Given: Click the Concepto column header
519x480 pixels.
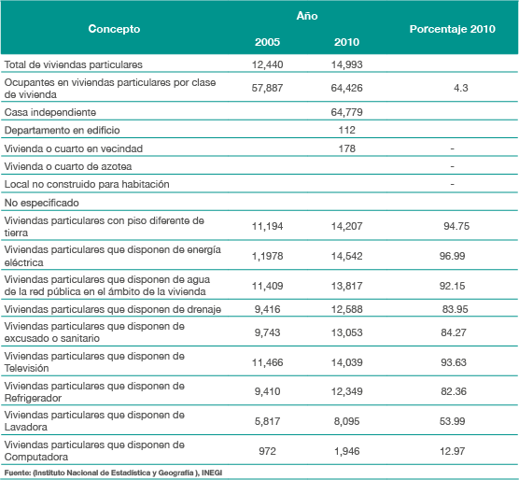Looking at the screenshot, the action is (x=114, y=29).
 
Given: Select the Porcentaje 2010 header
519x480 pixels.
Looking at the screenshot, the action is (x=452, y=29).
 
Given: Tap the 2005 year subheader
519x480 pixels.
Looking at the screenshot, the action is (x=267, y=42).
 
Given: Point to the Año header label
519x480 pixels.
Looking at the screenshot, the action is (x=307, y=16).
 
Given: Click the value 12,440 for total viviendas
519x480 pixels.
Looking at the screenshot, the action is (x=267, y=64).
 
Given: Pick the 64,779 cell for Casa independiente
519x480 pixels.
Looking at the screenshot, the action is (x=346, y=112).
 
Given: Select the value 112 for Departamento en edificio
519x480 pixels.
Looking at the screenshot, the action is (x=346, y=130).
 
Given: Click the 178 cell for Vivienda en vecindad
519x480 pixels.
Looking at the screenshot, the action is (x=346, y=148).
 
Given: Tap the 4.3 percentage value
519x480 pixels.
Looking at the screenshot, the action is (x=460, y=88).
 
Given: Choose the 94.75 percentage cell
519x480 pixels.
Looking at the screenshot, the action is (x=456, y=226).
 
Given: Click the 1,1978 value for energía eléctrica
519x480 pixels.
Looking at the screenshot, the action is (x=267, y=256).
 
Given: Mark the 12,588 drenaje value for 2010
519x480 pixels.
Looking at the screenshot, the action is (x=346, y=309).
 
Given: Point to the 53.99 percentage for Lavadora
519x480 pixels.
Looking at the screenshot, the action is (x=452, y=421).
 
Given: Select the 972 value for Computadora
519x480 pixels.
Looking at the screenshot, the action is (x=267, y=451).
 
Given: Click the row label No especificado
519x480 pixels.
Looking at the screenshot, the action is (x=41, y=203).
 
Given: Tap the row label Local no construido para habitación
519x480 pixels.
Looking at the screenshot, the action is (x=87, y=184).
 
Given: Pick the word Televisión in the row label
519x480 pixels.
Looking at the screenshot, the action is (x=26, y=368).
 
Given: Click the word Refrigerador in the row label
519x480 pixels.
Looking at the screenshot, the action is (x=33, y=398).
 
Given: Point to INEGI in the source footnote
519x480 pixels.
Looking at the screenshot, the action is (x=212, y=473).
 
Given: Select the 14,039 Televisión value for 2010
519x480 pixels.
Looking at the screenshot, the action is (x=346, y=362).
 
